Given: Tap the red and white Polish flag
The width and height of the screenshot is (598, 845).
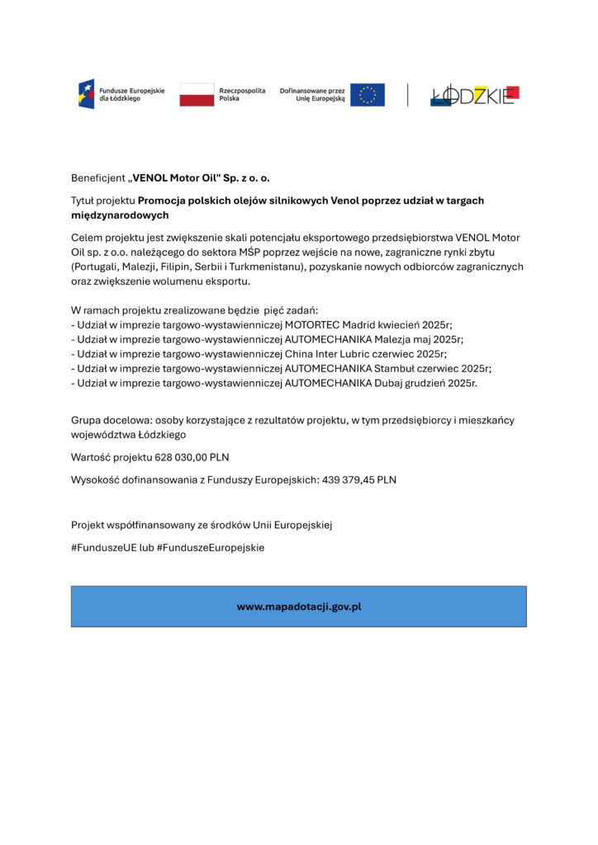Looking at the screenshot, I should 196,94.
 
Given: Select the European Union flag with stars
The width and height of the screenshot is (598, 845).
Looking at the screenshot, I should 367,94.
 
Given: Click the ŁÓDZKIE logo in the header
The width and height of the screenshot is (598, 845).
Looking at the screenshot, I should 474,95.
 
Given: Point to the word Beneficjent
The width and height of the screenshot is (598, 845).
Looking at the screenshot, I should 97,177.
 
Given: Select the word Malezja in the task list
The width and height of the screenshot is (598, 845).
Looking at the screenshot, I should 397,339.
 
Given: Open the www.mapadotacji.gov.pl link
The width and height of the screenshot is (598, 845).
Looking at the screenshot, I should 299,607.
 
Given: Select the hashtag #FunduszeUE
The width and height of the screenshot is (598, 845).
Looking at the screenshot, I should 103,547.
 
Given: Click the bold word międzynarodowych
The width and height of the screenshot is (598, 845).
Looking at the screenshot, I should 120,215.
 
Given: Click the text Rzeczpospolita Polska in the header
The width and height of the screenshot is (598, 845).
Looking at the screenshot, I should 242,94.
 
